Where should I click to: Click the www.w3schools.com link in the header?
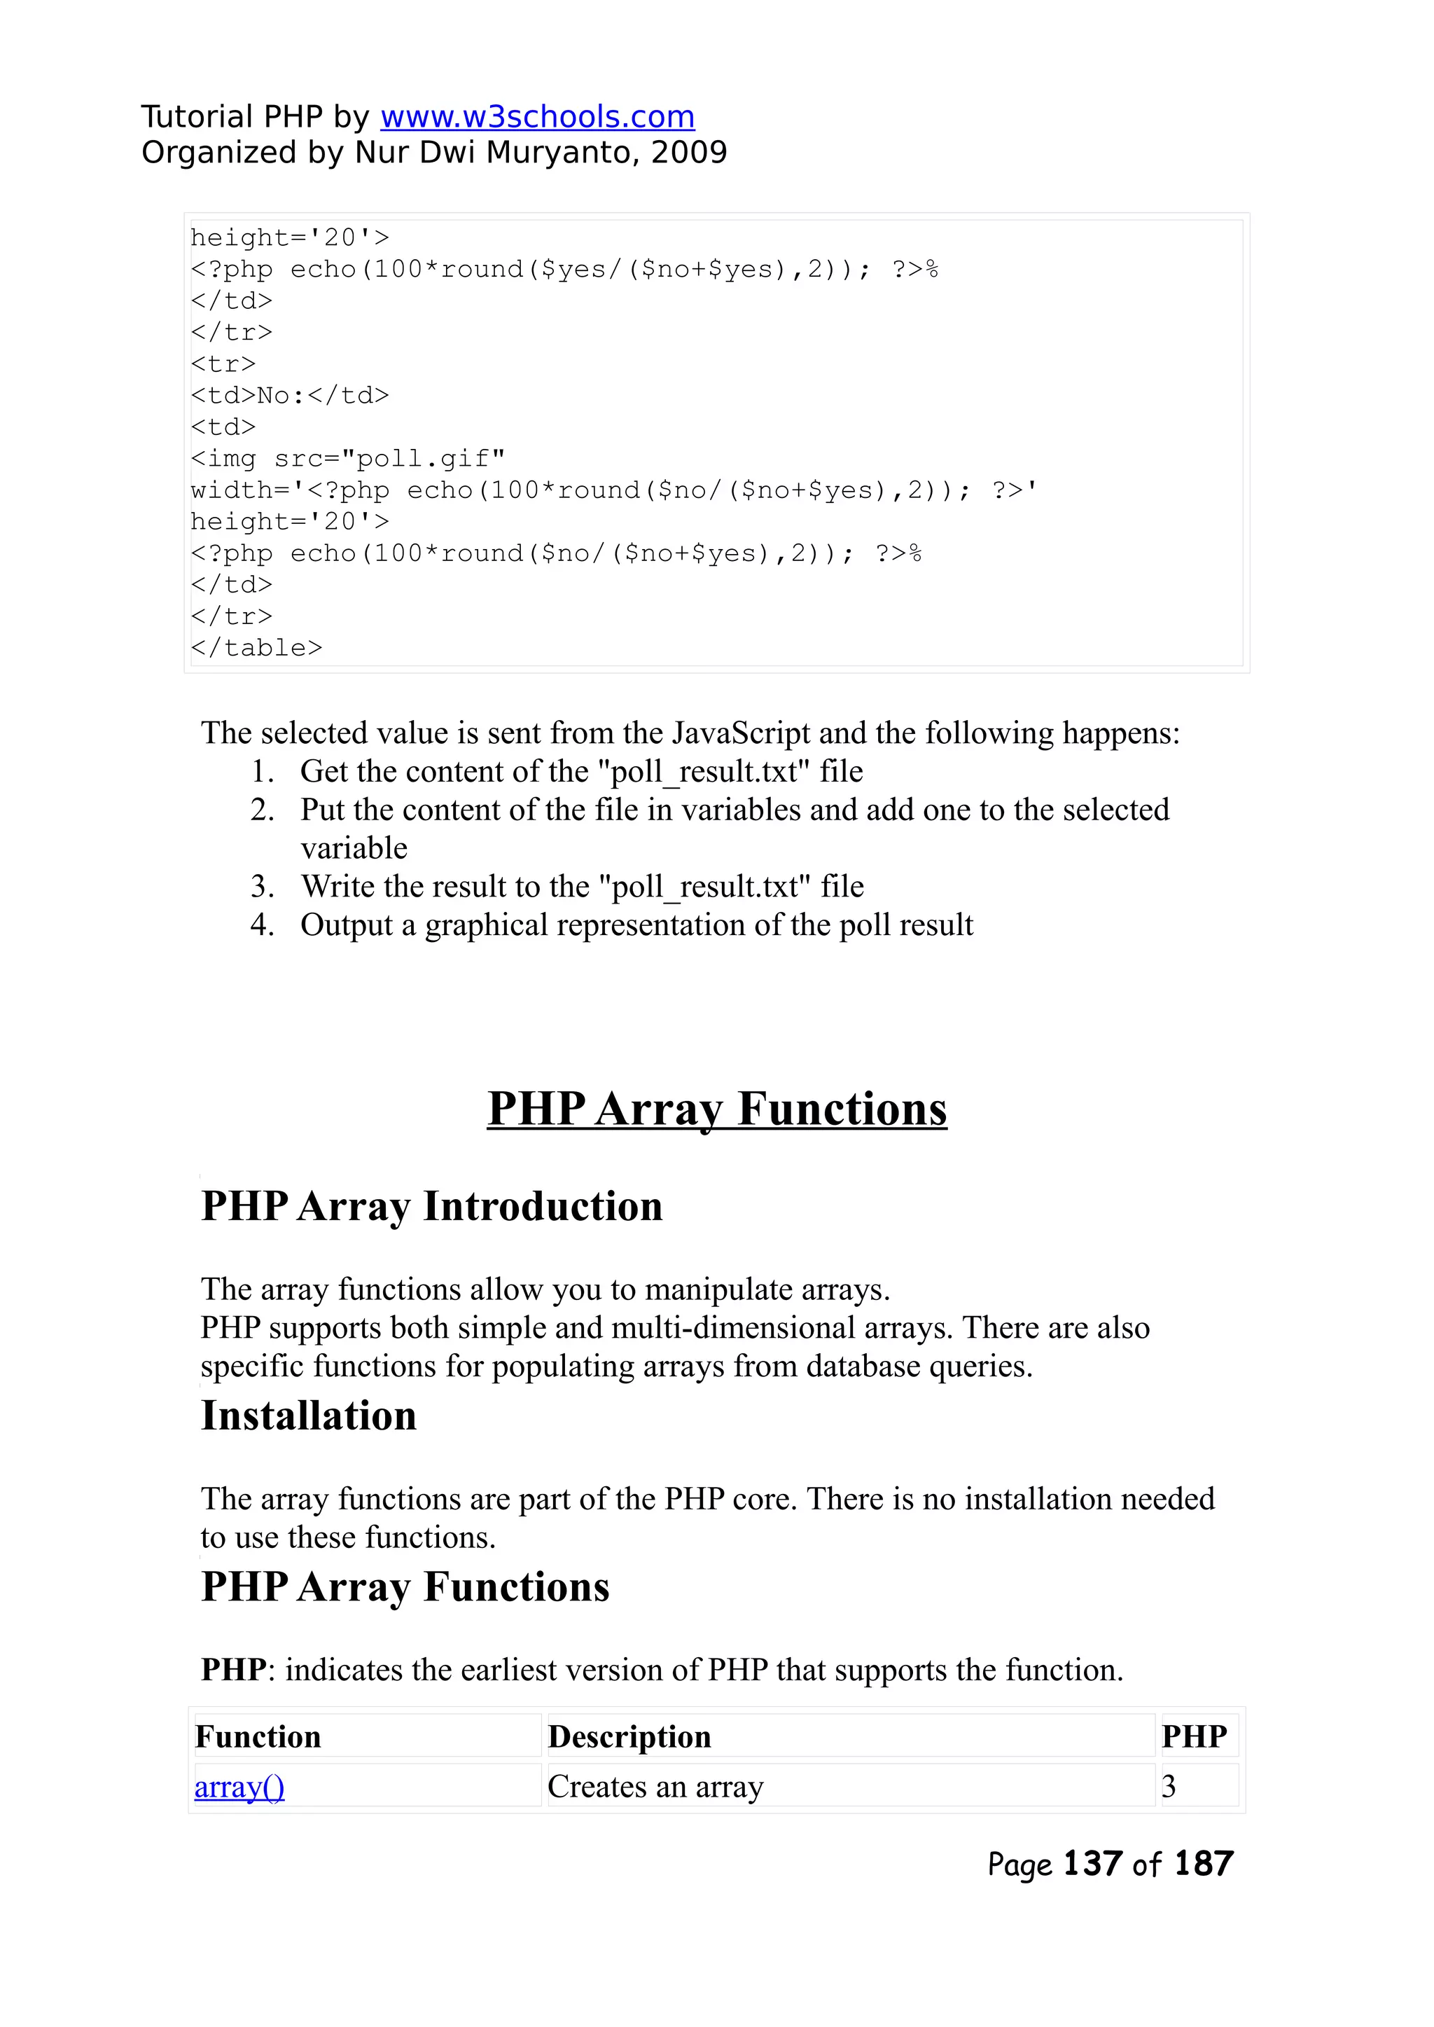click(x=537, y=116)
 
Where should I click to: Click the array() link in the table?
click(x=239, y=1787)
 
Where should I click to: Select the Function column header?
click(x=258, y=1737)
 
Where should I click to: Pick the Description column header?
click(x=629, y=1737)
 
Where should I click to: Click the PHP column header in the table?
click(x=1194, y=1737)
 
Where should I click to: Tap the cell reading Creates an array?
click(x=655, y=1787)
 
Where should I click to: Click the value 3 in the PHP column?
click(x=1169, y=1787)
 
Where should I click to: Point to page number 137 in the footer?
click(x=1092, y=1864)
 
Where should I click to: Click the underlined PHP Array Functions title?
click(x=717, y=1109)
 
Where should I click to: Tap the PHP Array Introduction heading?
click(x=432, y=1207)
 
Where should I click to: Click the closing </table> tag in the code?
click(x=256, y=649)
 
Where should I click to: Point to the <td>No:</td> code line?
click(x=290, y=396)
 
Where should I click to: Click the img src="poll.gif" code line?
click(x=348, y=459)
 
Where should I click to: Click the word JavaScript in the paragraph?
click(x=741, y=733)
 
